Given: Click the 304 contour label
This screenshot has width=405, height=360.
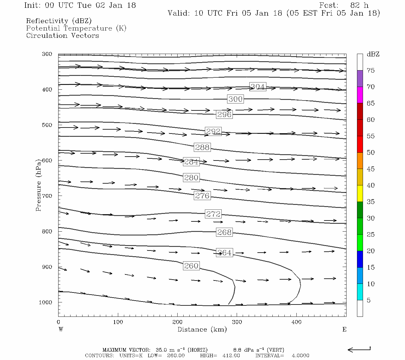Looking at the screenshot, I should [258, 87].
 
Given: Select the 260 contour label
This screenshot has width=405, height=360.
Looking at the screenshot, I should [191, 266].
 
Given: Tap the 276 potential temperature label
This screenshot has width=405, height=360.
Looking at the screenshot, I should [202, 196].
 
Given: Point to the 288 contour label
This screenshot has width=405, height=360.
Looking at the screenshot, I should [202, 147].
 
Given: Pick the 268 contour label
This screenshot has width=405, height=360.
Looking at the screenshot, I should [224, 232].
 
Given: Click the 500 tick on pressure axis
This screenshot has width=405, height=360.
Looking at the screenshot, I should [47, 125].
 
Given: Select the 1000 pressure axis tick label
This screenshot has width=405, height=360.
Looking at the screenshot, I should [46, 302].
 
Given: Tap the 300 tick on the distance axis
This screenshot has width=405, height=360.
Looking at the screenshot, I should [237, 322].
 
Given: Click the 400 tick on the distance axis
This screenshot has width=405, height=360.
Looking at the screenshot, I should [296, 322].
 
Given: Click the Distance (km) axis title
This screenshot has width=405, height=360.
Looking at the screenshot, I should [202, 329].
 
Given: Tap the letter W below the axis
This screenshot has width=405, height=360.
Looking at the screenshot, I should [61, 329].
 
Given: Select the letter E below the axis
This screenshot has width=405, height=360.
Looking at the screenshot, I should [344, 329].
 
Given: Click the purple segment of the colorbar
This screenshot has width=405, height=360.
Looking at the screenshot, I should [360, 79].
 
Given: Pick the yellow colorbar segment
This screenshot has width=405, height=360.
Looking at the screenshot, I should [360, 193].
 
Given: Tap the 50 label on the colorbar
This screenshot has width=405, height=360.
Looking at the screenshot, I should [371, 152].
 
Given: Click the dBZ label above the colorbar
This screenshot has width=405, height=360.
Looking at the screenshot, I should [373, 54].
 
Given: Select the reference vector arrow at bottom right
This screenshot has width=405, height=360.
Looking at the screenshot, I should [359, 349].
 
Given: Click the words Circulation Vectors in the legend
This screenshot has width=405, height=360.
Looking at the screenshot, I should [62, 35].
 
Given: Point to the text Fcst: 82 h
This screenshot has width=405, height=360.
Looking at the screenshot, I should [344, 5].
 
